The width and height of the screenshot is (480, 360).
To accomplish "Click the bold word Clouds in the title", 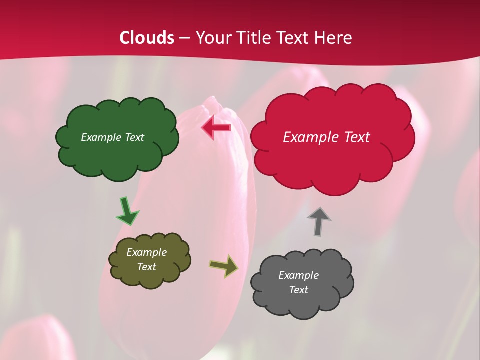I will (147, 38).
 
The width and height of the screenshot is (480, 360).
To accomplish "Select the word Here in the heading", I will (334, 38).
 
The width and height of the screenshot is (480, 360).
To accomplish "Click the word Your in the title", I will (212, 38).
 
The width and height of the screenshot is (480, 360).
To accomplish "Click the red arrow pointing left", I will (216, 128).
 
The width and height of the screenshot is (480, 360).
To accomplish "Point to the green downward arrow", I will (127, 212).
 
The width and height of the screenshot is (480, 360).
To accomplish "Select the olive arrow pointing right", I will (223, 266).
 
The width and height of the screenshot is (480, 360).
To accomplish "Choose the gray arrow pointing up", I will (318, 221).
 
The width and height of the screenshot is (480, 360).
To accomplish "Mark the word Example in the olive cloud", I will (146, 252).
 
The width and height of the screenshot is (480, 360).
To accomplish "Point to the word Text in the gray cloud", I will (298, 290).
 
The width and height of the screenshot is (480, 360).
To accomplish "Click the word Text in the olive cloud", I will (146, 267).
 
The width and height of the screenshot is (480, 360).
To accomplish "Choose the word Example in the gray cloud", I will (298, 275).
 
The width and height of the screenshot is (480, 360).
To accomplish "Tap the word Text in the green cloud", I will (134, 137).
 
